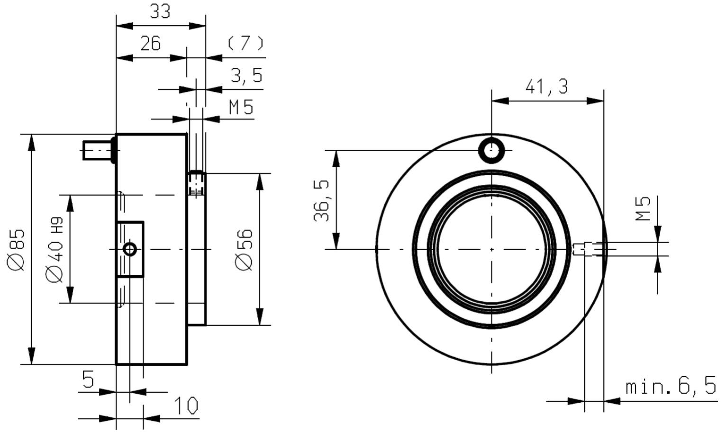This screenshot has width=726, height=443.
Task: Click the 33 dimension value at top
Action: tap(160, 12)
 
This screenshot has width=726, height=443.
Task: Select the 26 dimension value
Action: tap(150, 44)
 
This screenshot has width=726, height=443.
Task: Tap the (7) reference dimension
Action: tap(245, 44)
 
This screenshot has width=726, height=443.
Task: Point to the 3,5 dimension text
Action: tap(246, 75)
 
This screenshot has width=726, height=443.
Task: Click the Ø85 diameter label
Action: tap(16, 250)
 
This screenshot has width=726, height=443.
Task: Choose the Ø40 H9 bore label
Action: tap(54, 250)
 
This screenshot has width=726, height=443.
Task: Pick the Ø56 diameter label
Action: tap(244, 250)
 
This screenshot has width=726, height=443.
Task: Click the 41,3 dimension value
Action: tap(547, 87)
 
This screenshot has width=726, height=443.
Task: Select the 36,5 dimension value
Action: tap(321, 201)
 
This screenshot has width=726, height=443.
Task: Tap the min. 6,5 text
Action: tap(671, 387)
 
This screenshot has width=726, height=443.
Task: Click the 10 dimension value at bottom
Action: tap(186, 406)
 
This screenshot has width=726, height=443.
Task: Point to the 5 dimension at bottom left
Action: tap(88, 379)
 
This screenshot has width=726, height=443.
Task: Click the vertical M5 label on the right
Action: tap(643, 208)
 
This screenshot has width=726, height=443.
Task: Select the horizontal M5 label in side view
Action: tap(241, 107)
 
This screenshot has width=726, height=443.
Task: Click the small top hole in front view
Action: tap(492, 150)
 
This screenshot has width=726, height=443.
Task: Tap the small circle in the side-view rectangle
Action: tap(130, 249)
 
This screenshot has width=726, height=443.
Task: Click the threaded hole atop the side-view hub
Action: tap(196, 183)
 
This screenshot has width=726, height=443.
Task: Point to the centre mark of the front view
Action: tap(492, 249)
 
